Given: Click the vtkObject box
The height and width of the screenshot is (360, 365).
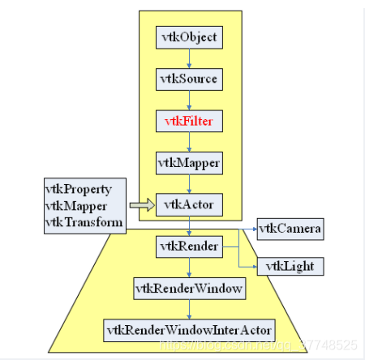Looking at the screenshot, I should click(x=189, y=36).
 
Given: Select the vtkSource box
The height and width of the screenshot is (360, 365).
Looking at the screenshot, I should click(x=189, y=79).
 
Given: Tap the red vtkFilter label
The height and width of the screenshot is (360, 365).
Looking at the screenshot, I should click(x=189, y=121).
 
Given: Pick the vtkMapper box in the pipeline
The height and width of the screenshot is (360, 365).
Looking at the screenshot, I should click(x=189, y=162).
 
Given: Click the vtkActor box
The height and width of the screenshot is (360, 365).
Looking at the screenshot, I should click(x=189, y=204).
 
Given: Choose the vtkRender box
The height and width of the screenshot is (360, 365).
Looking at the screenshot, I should click(x=189, y=246).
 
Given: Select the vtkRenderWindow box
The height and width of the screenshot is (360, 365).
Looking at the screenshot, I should click(x=189, y=287).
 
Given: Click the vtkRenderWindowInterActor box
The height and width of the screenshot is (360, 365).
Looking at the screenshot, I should click(x=189, y=330).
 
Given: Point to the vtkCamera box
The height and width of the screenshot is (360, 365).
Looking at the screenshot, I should click(x=290, y=229).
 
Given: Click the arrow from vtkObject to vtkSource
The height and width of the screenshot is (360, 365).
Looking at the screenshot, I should click(x=189, y=58).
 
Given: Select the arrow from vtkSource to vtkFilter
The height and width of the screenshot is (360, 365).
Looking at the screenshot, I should click(x=189, y=100).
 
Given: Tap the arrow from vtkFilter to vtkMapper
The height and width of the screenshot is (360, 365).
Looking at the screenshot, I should click(x=189, y=142).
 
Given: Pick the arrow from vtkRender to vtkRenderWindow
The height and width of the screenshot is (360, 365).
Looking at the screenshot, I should click(x=189, y=267).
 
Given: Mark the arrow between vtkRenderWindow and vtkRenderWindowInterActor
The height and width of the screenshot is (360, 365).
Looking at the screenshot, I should click(x=189, y=309).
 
